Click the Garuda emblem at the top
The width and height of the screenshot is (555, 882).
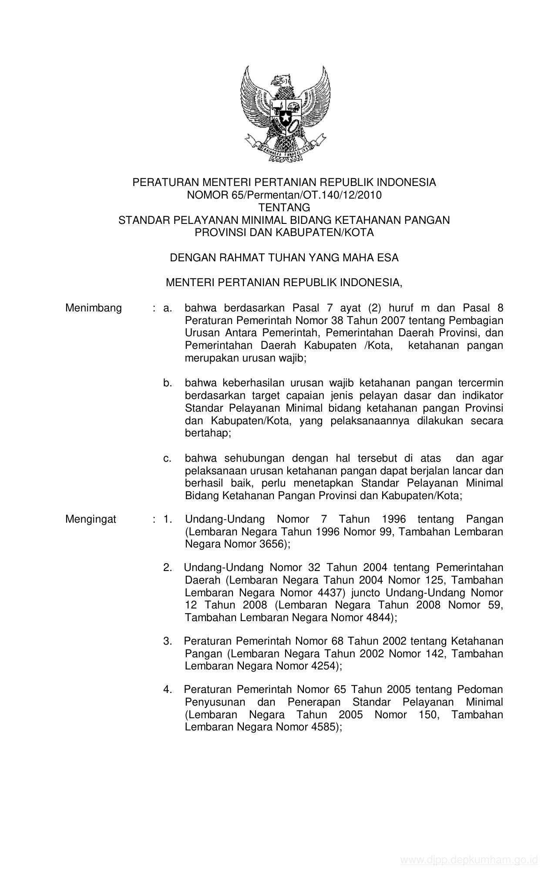click(x=285, y=115)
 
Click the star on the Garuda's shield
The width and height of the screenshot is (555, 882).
click(x=285, y=117)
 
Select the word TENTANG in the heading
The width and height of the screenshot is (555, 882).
click(x=284, y=207)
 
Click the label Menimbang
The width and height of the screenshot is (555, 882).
click(x=94, y=308)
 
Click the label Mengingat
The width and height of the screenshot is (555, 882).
click(x=91, y=519)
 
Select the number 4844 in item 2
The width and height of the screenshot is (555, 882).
click(x=379, y=617)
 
